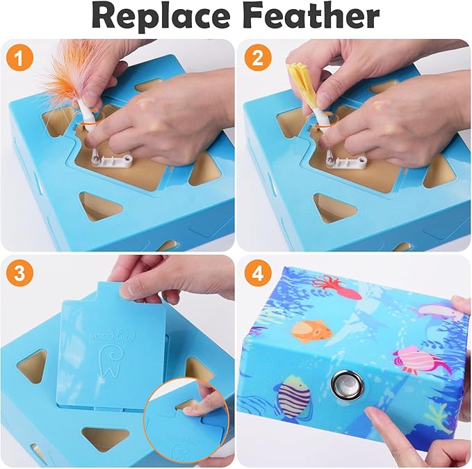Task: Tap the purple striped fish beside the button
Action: (x=292, y=397)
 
